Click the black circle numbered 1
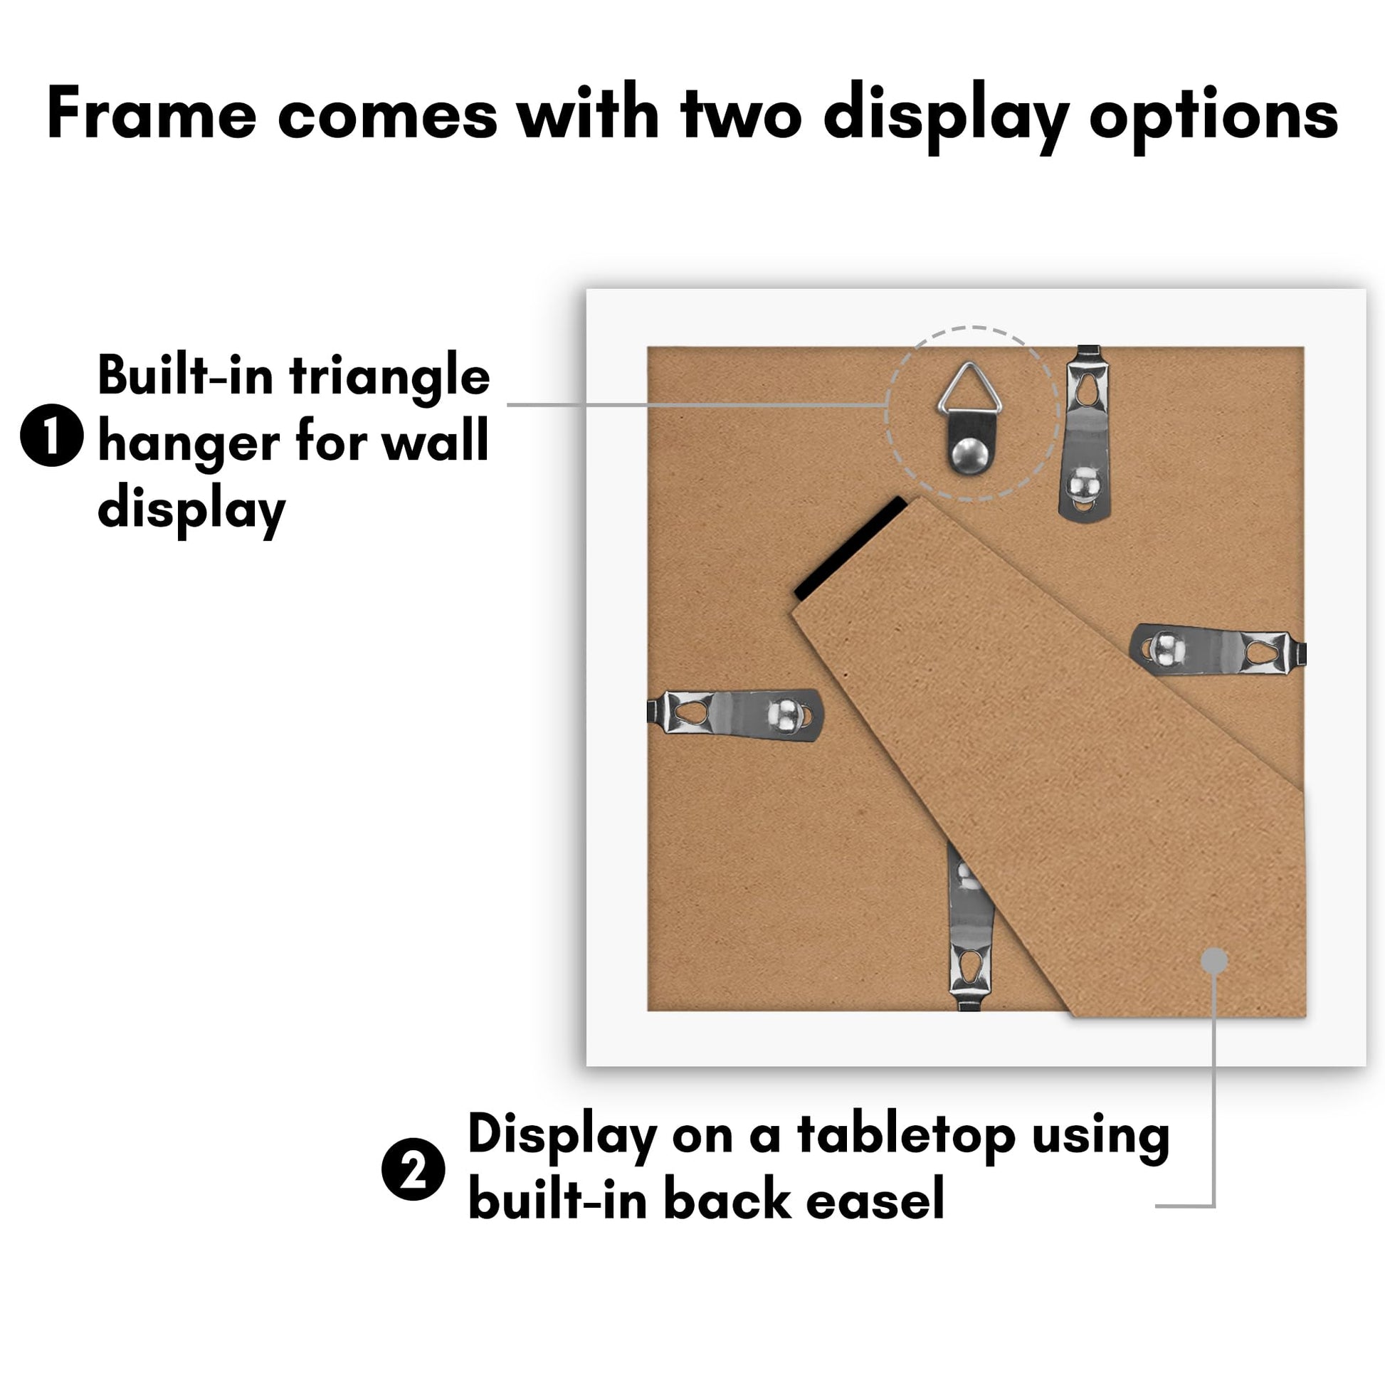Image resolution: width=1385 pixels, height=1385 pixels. (x=52, y=436)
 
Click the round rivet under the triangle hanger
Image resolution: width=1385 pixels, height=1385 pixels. (x=969, y=455)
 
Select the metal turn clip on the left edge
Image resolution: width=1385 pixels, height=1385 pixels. (x=734, y=714)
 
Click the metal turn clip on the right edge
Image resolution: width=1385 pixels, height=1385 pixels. (x=1218, y=650)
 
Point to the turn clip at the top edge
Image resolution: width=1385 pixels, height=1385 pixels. (x=1084, y=433)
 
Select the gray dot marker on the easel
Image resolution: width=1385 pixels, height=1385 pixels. (x=1213, y=960)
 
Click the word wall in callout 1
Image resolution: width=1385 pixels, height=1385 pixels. (x=435, y=441)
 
